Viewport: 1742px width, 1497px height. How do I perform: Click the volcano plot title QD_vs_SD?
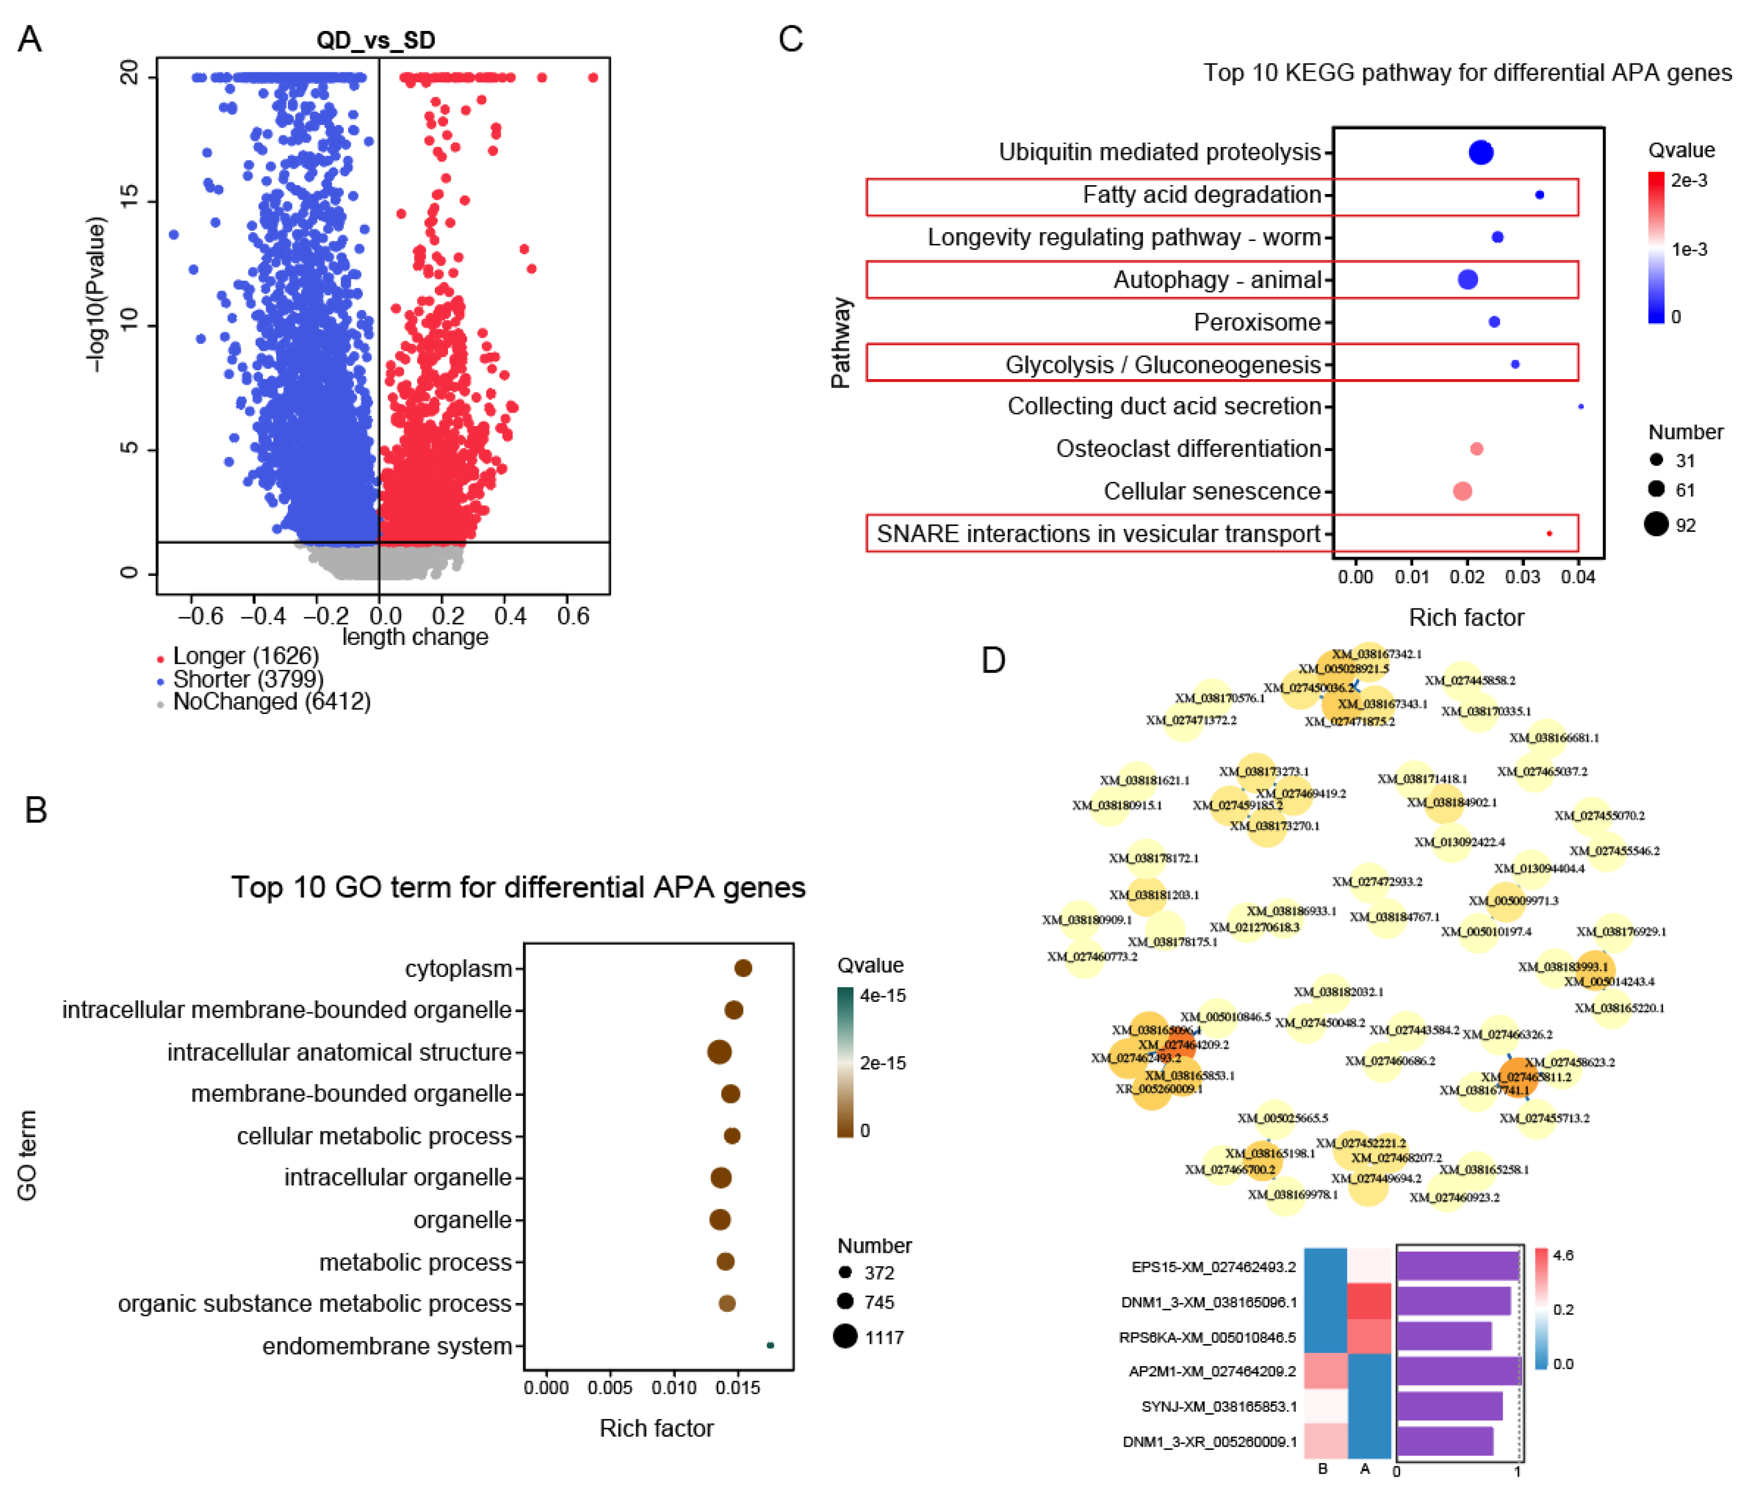(375, 40)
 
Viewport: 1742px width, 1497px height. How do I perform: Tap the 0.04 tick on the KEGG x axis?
(1577, 577)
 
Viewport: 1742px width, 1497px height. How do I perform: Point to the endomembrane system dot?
(770, 1346)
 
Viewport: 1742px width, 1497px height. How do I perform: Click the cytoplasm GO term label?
(458, 969)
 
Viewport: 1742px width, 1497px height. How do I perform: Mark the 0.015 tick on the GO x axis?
(738, 1388)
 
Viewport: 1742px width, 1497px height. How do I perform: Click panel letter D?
(993, 661)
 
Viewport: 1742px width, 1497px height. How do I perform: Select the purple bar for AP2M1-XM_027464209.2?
(1459, 1371)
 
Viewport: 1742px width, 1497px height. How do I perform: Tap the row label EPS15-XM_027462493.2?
(1213, 1267)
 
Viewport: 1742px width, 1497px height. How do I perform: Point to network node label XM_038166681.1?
(1554, 738)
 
